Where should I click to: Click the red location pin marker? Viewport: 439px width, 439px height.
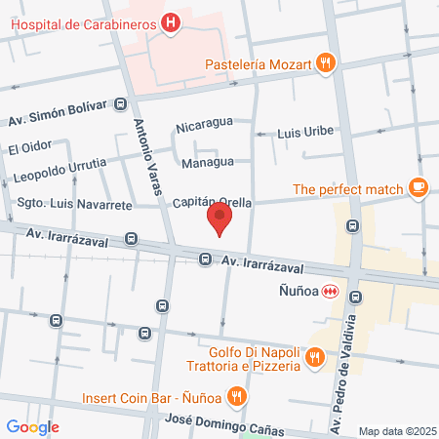(x=221, y=219)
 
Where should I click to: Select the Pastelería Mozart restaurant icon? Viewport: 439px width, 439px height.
(x=326, y=64)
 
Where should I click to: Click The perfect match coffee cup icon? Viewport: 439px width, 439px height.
(x=418, y=188)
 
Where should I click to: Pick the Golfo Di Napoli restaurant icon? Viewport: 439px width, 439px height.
(x=314, y=358)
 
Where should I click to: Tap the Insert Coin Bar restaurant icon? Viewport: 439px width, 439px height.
(x=236, y=397)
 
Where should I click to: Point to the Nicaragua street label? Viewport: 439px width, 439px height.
(x=204, y=126)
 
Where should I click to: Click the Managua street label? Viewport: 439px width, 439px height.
(x=208, y=161)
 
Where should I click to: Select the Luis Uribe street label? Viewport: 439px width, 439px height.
(x=305, y=131)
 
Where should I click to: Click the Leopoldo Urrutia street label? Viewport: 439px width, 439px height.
(x=60, y=178)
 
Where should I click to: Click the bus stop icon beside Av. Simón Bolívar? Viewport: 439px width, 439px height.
(x=120, y=103)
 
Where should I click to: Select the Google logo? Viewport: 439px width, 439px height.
(x=33, y=426)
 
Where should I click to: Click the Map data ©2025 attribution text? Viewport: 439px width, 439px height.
(x=396, y=431)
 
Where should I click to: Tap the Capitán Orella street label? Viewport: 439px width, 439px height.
(x=207, y=192)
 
